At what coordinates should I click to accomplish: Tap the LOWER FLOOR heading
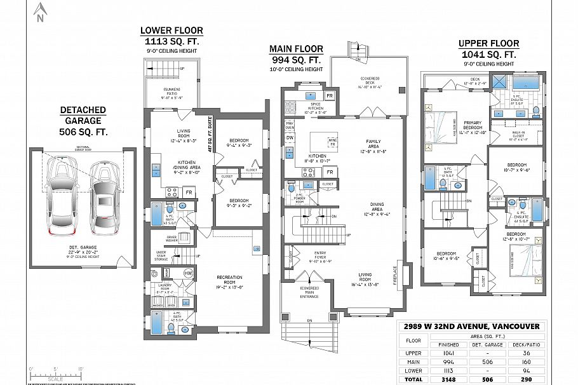tap(171, 30)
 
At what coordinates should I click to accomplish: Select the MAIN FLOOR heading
tap(296, 49)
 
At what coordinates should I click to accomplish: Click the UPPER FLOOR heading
tap(488, 44)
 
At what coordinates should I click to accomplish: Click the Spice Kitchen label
tap(315, 106)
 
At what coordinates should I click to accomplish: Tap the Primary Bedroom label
tap(471, 126)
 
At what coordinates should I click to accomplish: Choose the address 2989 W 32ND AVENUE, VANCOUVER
tap(471, 327)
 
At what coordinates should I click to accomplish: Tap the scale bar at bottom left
tap(57, 374)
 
